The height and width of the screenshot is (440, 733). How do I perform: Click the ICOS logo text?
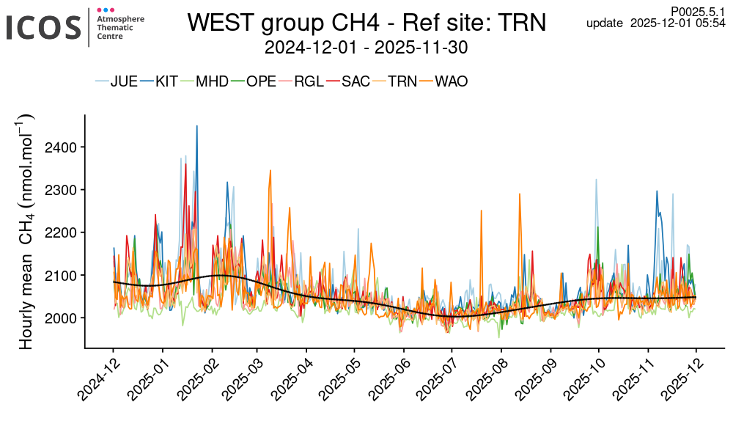pos(43,27)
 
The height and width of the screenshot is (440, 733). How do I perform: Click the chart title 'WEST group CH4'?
pos(366,23)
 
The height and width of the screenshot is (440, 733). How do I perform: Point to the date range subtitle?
pos(366,48)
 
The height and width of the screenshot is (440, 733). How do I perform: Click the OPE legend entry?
pos(261,81)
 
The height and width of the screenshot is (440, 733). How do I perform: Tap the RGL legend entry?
pos(309,81)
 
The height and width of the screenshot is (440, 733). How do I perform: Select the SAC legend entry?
pos(356,81)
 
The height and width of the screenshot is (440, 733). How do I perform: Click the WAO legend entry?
pos(451,81)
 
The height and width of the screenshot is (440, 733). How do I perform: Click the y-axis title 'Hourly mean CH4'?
pos(27,231)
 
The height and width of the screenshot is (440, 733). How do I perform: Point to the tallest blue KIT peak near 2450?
pos(196,127)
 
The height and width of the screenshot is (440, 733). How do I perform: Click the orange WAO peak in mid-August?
pos(520,195)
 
